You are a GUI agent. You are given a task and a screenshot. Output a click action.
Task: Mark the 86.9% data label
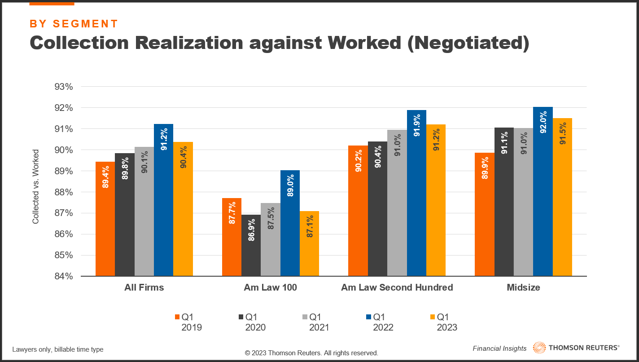(251, 230)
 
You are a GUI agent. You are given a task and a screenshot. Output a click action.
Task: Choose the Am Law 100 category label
(270, 287)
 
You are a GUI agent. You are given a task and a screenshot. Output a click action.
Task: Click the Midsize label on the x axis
(523, 287)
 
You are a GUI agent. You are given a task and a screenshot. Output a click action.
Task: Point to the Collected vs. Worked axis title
(35, 187)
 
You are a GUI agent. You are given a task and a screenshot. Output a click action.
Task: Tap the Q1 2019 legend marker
(176, 317)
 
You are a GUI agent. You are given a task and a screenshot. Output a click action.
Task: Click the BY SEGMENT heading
(74, 24)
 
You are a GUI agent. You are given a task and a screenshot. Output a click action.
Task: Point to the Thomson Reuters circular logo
(539, 348)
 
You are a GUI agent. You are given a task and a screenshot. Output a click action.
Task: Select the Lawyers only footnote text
(58, 349)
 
